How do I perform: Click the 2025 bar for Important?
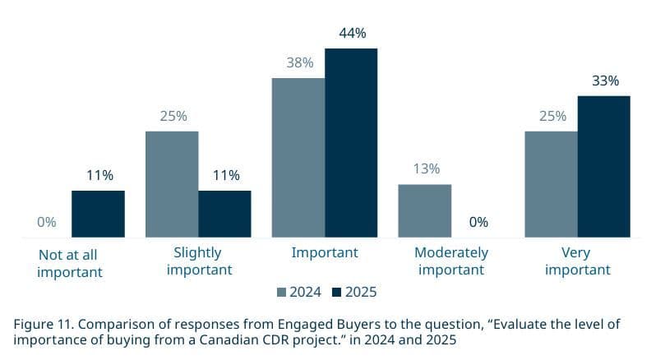(x=351, y=143)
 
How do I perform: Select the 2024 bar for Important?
(x=298, y=158)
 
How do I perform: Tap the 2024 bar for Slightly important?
(x=172, y=184)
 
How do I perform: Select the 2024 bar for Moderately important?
(x=425, y=210)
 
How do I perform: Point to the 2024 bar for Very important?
(x=552, y=184)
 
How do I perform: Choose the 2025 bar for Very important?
(x=604, y=167)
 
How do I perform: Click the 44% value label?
(x=352, y=34)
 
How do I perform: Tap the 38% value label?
(x=299, y=63)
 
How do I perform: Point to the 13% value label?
(x=426, y=169)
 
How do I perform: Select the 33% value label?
(x=605, y=81)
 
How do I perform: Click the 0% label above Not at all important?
(x=46, y=223)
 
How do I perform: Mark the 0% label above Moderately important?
(x=478, y=223)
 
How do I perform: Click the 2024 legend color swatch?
(x=281, y=293)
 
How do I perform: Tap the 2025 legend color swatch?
(x=337, y=293)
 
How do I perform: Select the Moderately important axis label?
(x=451, y=261)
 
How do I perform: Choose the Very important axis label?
(x=578, y=261)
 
